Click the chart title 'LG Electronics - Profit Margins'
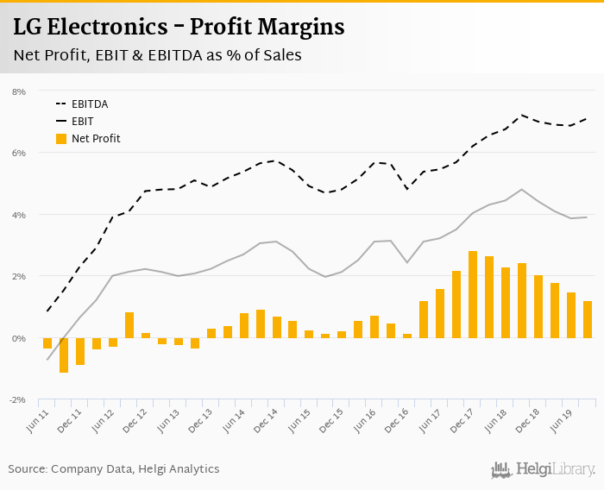click(179, 28)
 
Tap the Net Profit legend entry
click(96, 138)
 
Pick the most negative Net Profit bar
click(64, 355)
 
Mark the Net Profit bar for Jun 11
click(47, 343)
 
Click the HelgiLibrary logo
click(544, 469)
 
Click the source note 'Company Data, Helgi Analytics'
click(135, 468)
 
